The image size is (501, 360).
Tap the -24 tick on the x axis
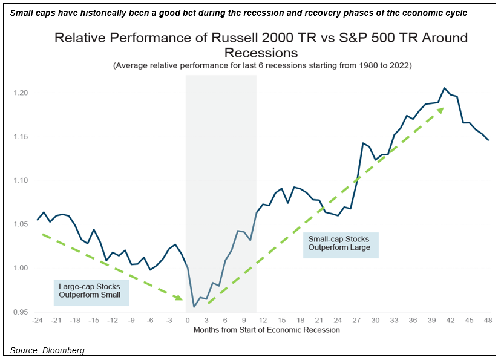pyautogui.click(x=38, y=320)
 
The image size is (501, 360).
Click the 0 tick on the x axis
pyautogui.click(x=188, y=320)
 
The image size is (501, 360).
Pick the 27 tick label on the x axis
pyautogui.click(x=356, y=320)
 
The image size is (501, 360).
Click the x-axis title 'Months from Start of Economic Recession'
pyautogui.click(x=266, y=330)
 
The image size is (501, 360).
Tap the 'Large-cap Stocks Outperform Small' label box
pyautogui.click(x=90, y=290)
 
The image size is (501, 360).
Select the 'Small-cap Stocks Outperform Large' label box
pyautogui.click(x=339, y=243)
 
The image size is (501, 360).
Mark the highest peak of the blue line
pyautogui.click(x=445, y=88)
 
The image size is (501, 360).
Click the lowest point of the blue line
pyautogui.click(x=194, y=307)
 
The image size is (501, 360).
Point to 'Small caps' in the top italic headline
pyautogui.click(x=28, y=12)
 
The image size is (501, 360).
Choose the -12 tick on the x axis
pyautogui.click(x=113, y=320)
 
